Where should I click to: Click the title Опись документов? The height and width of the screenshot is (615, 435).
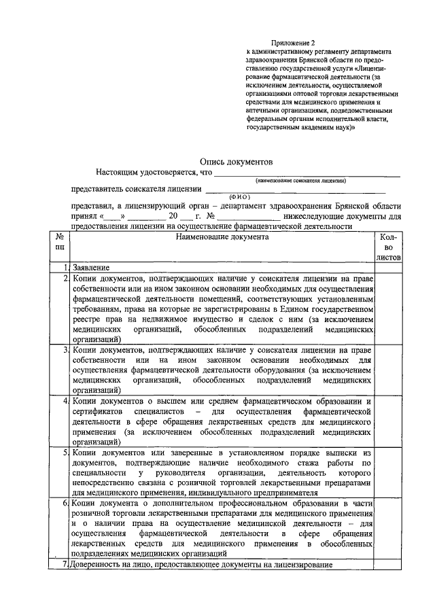click(236, 162)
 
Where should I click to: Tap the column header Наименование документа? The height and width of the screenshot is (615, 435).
click(222, 237)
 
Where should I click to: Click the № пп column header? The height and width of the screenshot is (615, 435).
click(60, 242)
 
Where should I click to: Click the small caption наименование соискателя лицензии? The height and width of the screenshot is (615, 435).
click(301, 181)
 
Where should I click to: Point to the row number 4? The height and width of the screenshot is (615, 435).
click(65, 402)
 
